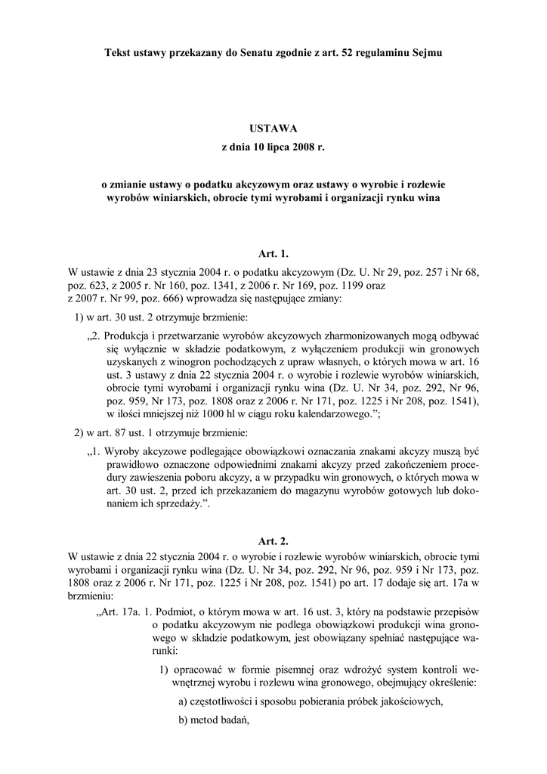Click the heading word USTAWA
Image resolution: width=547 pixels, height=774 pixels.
pos(273,128)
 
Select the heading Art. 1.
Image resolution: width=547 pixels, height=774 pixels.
pos(273,254)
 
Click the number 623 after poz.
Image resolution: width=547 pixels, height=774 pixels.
pos(98,285)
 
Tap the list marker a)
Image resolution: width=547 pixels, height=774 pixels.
pos(184,701)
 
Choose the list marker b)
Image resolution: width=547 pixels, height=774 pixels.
pos(184,720)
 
